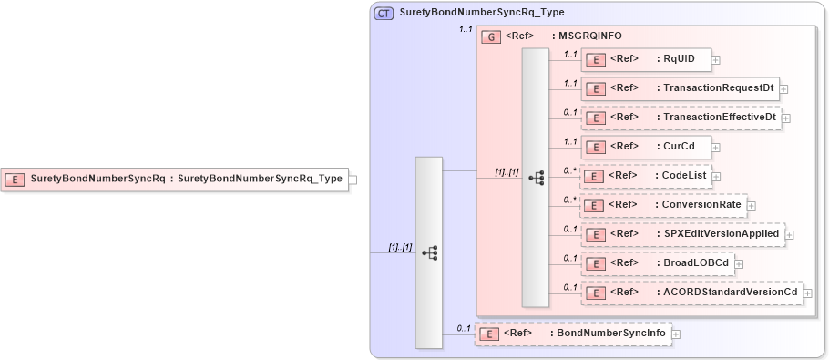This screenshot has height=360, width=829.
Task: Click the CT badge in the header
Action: (384, 13)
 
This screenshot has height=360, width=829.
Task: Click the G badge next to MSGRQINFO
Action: (491, 36)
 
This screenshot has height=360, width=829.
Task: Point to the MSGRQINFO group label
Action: (590, 36)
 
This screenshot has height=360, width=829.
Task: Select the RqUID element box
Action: (645, 59)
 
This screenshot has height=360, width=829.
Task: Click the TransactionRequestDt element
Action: (680, 88)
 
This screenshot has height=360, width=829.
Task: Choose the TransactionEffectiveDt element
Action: (681, 118)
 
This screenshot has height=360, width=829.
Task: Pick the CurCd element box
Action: (645, 147)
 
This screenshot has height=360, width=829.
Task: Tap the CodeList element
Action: (645, 176)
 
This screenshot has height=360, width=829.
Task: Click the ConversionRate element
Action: (663, 205)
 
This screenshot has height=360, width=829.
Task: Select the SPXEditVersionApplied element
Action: (682, 234)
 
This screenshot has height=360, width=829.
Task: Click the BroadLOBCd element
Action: (657, 263)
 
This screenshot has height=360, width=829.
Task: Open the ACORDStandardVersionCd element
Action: (691, 293)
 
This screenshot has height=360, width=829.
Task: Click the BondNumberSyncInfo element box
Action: (572, 334)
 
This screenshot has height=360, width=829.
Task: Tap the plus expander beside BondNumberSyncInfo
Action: (676, 334)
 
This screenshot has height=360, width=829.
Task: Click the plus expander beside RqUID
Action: (716, 60)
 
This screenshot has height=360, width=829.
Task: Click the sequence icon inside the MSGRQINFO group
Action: (536, 177)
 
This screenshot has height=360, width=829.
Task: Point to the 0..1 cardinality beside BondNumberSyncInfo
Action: (463, 328)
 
